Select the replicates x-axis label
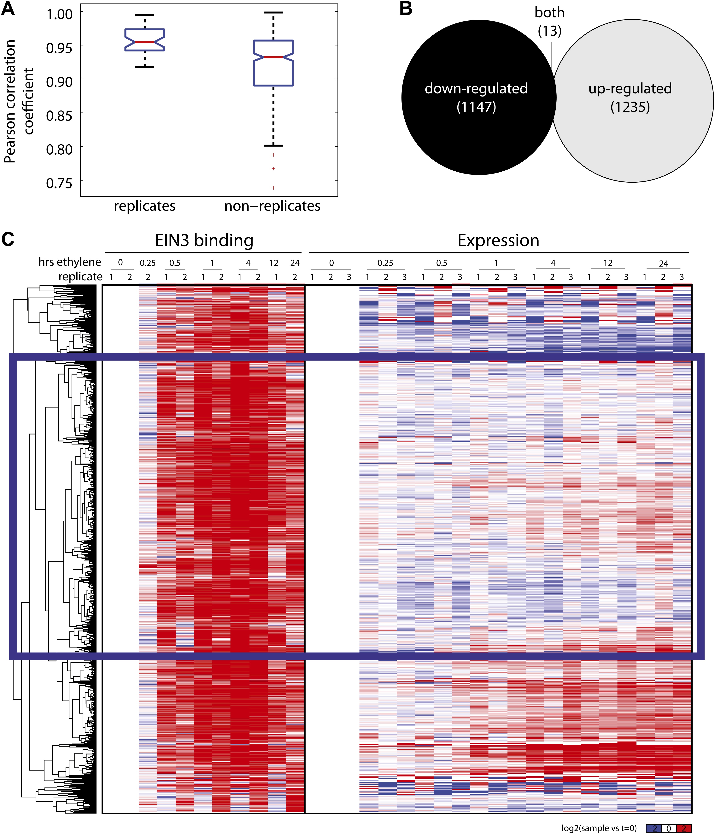(144, 206)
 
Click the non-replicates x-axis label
(272, 206)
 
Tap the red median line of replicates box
(144, 42)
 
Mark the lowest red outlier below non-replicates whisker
(273, 188)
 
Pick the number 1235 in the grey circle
(630, 107)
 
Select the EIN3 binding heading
(204, 240)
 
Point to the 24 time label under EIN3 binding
(295, 263)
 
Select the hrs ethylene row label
(70, 262)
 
